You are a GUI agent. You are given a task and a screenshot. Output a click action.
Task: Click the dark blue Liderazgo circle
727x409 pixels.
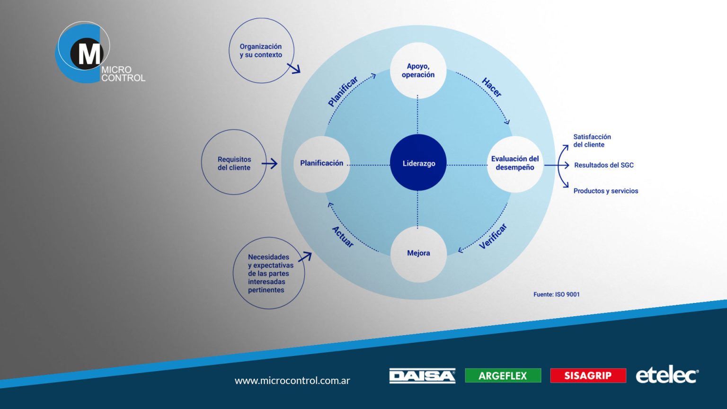coord(418,163)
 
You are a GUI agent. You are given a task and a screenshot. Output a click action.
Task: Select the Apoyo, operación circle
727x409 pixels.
coord(418,71)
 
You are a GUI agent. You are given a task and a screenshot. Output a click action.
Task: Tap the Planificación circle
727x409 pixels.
coord(322,163)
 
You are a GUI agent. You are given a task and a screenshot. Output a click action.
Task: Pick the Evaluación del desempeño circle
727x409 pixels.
coord(515,163)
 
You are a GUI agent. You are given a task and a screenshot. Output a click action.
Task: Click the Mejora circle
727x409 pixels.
coord(418,253)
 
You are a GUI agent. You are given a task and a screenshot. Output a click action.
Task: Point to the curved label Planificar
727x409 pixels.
coord(343,91)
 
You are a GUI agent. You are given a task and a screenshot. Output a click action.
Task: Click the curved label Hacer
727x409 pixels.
coord(492,88)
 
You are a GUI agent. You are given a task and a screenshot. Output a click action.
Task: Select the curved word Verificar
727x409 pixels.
coord(493,236)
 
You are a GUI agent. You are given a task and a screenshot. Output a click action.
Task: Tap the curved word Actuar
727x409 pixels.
coord(343,237)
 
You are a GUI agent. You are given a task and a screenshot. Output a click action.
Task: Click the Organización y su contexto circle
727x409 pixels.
coord(261,51)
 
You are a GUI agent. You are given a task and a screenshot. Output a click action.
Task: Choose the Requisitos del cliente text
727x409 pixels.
coord(234,163)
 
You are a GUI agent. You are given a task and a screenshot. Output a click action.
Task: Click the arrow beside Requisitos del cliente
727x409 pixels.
coord(270,164)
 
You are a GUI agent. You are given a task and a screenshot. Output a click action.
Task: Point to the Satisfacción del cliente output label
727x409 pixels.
coord(592,141)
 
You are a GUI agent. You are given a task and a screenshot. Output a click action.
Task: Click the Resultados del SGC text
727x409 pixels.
coord(603,165)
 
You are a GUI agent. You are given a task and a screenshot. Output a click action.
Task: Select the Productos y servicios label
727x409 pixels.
coord(605,191)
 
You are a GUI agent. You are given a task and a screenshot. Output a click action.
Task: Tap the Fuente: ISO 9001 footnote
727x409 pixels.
coord(556,294)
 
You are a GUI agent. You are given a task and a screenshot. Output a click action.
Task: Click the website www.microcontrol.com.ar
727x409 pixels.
coord(292,380)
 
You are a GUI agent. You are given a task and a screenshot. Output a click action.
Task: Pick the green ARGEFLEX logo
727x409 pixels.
coord(503,375)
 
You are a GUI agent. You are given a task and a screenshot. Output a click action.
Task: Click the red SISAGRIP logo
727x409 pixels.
coord(588,375)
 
